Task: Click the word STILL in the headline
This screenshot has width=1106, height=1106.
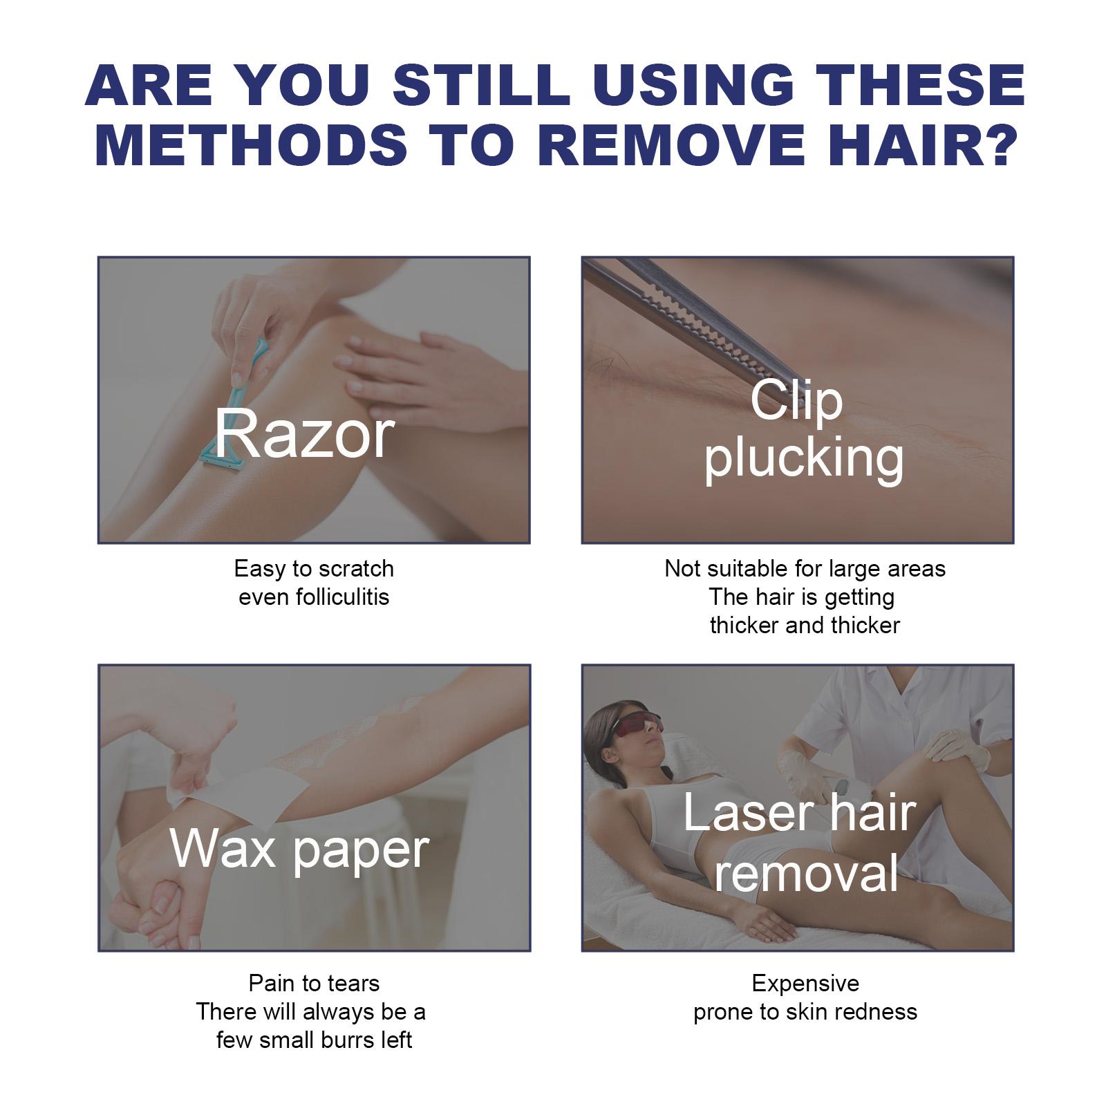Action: (481, 86)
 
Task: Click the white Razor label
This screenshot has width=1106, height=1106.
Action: (304, 434)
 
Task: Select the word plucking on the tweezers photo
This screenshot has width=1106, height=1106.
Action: (804, 458)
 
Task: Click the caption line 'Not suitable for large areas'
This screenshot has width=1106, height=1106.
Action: (805, 568)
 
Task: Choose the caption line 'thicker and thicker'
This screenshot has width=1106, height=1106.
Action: (805, 625)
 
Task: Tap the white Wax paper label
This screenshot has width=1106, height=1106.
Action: (299, 850)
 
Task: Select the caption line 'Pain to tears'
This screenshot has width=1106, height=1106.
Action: (314, 983)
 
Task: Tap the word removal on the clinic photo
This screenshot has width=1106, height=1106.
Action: (806, 872)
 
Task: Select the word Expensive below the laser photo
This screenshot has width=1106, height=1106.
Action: (805, 983)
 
